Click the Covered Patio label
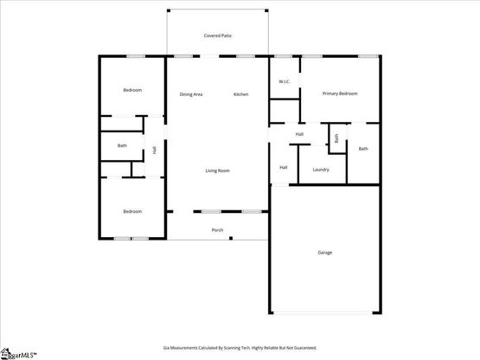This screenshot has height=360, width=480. (x=218, y=35)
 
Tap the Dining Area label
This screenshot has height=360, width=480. (x=191, y=94)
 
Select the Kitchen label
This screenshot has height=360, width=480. (x=241, y=94)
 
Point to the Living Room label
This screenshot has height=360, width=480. (x=217, y=170)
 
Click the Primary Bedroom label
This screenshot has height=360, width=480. (x=340, y=93)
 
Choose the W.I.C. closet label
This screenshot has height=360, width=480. (x=285, y=81)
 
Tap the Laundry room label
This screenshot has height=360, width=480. (x=321, y=170)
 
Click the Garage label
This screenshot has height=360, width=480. (x=325, y=253)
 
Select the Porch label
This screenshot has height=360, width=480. (x=217, y=230)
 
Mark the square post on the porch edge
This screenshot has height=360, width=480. (x=231, y=238)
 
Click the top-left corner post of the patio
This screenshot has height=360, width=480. (x=169, y=10)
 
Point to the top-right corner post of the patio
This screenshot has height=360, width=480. (x=266, y=10)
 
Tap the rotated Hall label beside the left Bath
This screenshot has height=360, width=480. (x=155, y=150)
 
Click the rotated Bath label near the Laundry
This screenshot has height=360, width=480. (x=336, y=138)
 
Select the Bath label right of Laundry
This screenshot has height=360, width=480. (x=363, y=149)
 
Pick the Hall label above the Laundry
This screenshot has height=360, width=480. (x=299, y=134)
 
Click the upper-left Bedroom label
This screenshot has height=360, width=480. (x=132, y=90)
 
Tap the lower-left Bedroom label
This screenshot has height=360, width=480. (x=132, y=211)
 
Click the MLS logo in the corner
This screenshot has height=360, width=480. (x=18, y=354)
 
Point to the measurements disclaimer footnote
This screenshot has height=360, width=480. (x=240, y=348)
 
